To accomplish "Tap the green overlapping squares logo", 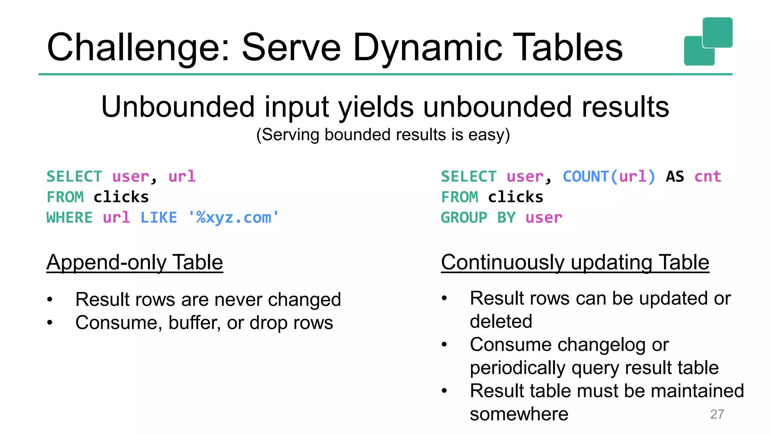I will coord(708,41).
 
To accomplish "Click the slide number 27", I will coord(717,414).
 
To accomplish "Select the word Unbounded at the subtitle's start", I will coord(177,107).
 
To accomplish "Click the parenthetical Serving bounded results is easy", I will coord(383,135).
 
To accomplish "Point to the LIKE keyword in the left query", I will coord(158,218).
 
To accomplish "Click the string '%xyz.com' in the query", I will coord(234,218).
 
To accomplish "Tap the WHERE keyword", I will coord(69,218).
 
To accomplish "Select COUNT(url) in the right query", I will coord(609,176).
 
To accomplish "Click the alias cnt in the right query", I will coord(708,176).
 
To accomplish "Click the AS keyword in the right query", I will coord(675,176).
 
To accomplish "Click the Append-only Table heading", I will coord(135,262).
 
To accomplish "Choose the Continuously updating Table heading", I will coord(575,262).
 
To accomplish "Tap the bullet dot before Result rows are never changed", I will coord(50,300).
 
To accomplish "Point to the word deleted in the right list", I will coord(501,321).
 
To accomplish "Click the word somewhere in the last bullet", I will coord(519,414).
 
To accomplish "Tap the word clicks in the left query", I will coord(121,197).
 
